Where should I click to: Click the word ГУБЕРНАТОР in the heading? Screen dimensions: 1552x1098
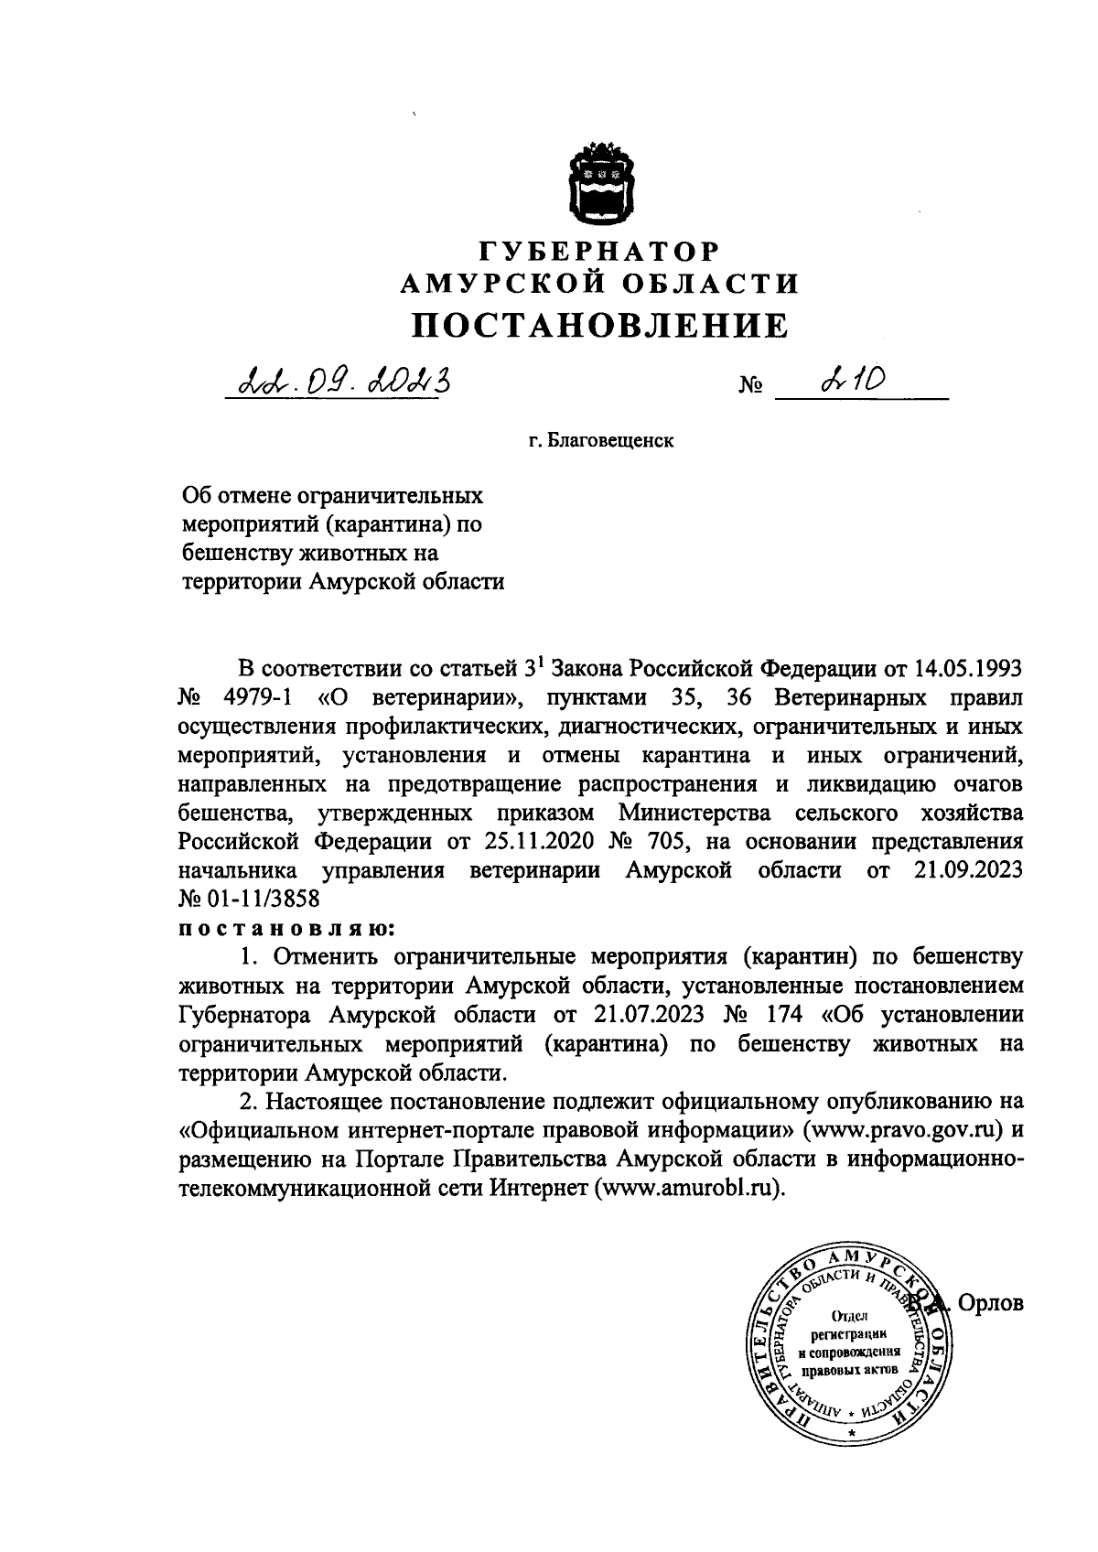601,250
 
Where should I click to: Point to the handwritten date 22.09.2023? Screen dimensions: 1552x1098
343,376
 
